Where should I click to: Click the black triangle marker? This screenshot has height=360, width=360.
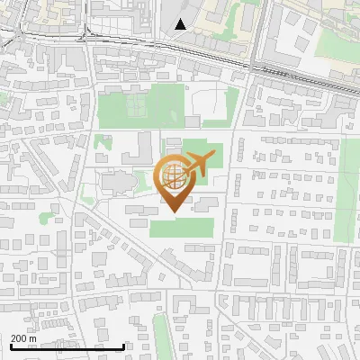coord(182,24)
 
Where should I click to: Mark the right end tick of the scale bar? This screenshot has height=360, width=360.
coord(123,346)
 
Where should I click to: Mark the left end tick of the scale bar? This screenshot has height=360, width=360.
coord(10,346)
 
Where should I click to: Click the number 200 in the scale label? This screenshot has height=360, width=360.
coord(18,338)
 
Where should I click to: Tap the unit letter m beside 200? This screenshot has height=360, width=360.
coord(32,338)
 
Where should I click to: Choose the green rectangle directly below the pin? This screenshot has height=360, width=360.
coord(183,226)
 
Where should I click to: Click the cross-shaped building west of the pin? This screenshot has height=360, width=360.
coord(117,183)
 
